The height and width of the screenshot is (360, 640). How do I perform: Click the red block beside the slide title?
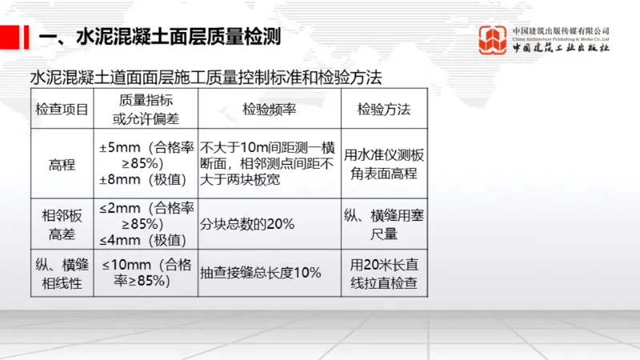point(10,36)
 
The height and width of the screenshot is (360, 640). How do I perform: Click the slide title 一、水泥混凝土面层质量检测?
point(160,37)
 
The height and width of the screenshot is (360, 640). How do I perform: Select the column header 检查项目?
point(62,109)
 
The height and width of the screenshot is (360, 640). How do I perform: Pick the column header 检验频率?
point(270,109)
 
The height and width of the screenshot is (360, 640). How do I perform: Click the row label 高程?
point(62,165)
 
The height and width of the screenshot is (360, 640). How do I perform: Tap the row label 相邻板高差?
point(62,223)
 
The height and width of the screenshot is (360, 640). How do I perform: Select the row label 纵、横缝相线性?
point(62,273)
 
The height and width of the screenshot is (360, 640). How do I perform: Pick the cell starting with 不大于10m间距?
point(270,165)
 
